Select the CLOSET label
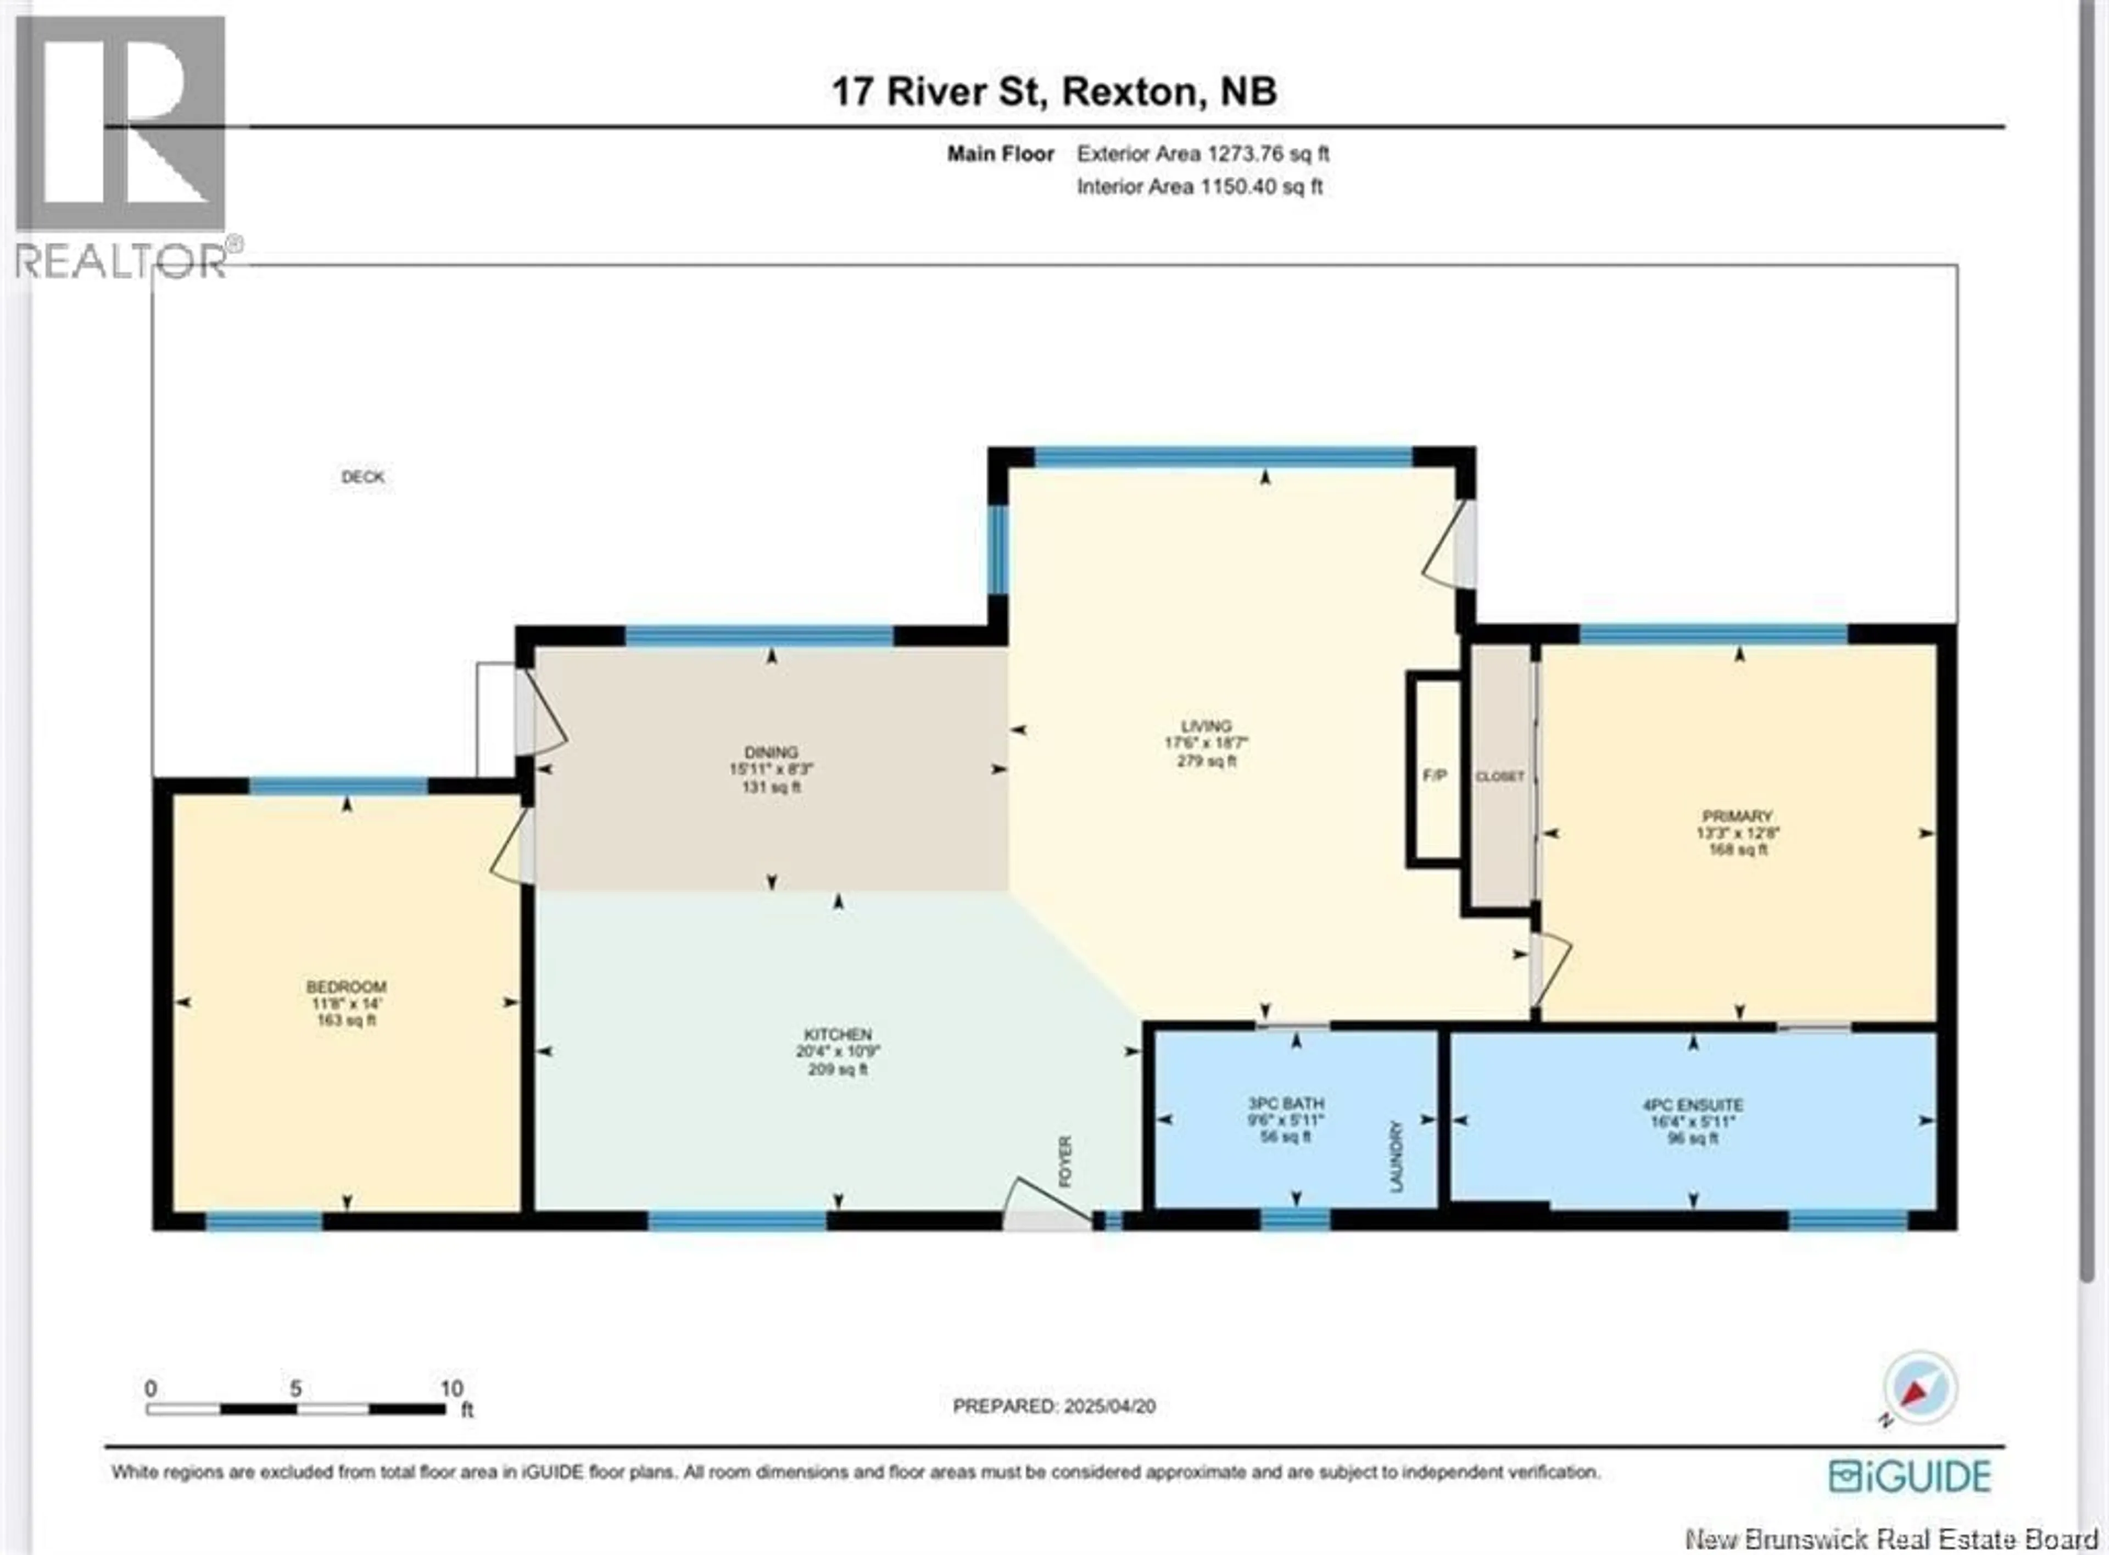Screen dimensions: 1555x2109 1499,777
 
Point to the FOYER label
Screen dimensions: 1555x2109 1065,1161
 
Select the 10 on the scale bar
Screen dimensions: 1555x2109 451,1389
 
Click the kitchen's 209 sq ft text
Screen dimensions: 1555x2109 838,1069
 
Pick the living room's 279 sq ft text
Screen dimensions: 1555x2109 1207,761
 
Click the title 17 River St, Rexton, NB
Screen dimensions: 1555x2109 1054,91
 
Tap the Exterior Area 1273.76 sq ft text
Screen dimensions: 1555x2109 1203,153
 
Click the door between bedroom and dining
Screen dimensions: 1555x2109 513,845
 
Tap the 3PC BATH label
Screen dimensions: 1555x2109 1286,1103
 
